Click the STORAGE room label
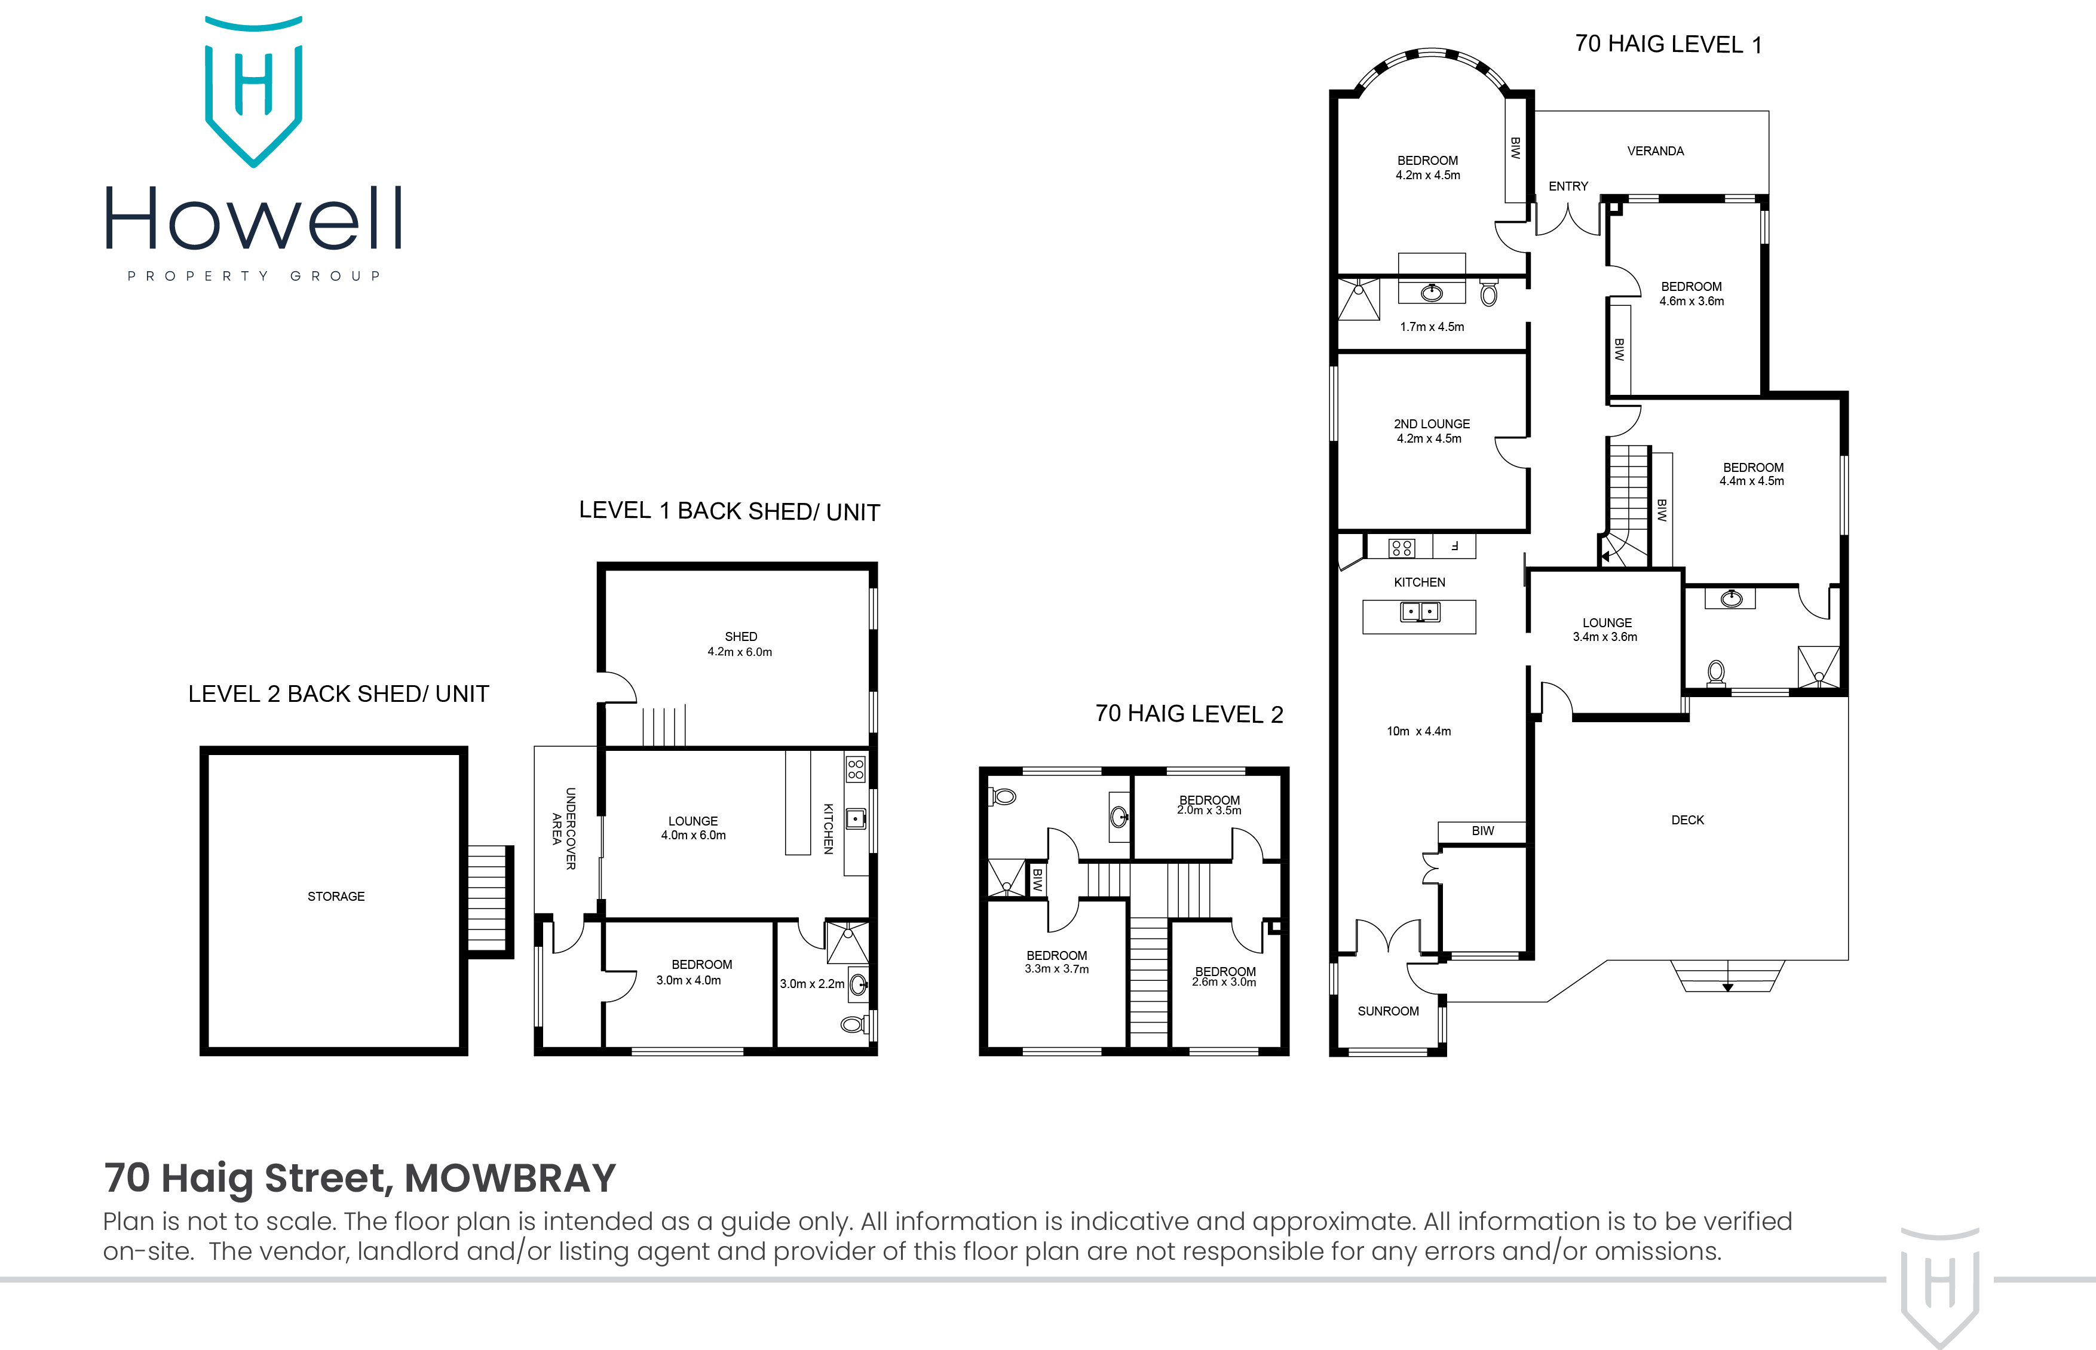point(336,896)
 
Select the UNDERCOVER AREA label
point(563,829)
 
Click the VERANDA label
point(1655,151)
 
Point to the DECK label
point(1687,820)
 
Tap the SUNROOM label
point(1388,1011)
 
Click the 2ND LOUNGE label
point(1432,424)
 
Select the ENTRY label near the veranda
point(1568,186)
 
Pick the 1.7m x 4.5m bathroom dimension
point(1432,327)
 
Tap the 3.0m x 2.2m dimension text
point(812,984)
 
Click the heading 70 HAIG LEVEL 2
point(1188,714)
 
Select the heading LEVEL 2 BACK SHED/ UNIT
point(338,694)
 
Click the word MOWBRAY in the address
point(510,1177)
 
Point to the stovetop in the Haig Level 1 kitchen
point(1401,548)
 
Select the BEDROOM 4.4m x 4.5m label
point(1752,474)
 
